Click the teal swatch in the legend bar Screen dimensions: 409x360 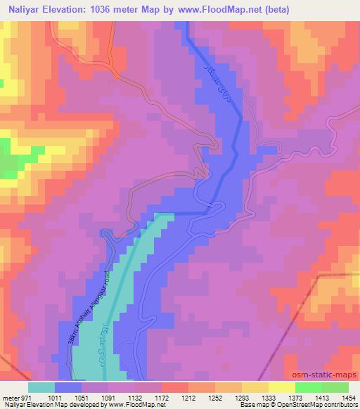pyautogui.click(x=42, y=387)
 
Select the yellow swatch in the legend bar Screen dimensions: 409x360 pyautogui.click(x=281, y=387)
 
